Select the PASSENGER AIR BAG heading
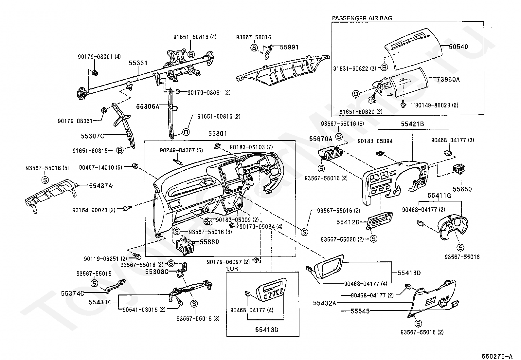click(x=362, y=18)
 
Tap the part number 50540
click(x=458, y=47)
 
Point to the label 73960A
click(x=448, y=79)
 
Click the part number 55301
click(x=218, y=134)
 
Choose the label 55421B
click(x=413, y=124)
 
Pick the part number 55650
click(x=462, y=189)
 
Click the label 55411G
click(x=439, y=196)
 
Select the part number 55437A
click(x=100, y=186)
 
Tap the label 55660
click(x=209, y=242)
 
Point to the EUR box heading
click(x=232, y=269)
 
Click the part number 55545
click(x=360, y=311)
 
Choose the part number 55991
click(x=289, y=47)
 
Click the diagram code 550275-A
click(x=496, y=356)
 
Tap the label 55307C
click(x=93, y=135)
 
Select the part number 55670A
click(x=320, y=139)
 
